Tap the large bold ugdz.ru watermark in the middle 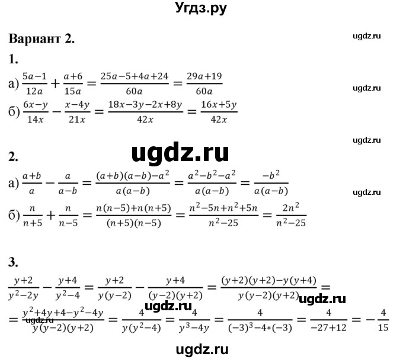tap(180, 153)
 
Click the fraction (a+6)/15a tap(72, 83)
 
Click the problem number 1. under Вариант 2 tap(14, 58)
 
